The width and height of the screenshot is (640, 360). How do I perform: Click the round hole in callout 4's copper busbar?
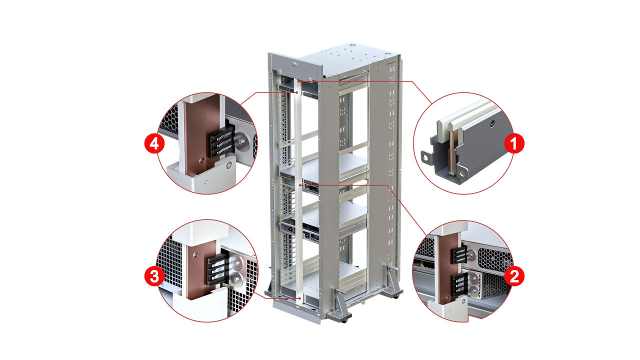pyautogui.click(x=200, y=160)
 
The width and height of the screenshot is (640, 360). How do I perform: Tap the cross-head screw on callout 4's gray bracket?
pyautogui.click(x=229, y=163)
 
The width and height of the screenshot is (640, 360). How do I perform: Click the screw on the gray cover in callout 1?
pyautogui.click(x=492, y=123)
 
